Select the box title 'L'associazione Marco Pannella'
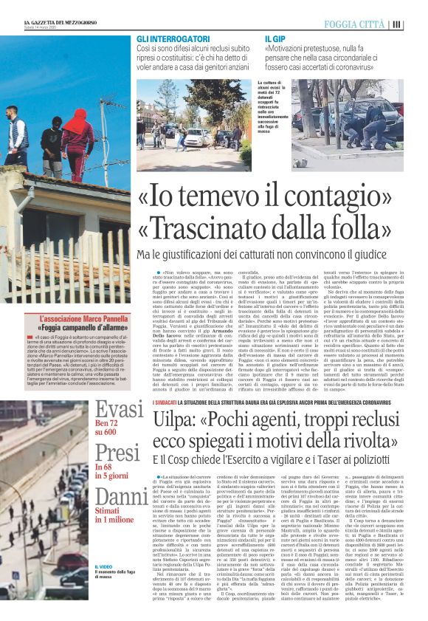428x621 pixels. pyautogui.click(x=69, y=318)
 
